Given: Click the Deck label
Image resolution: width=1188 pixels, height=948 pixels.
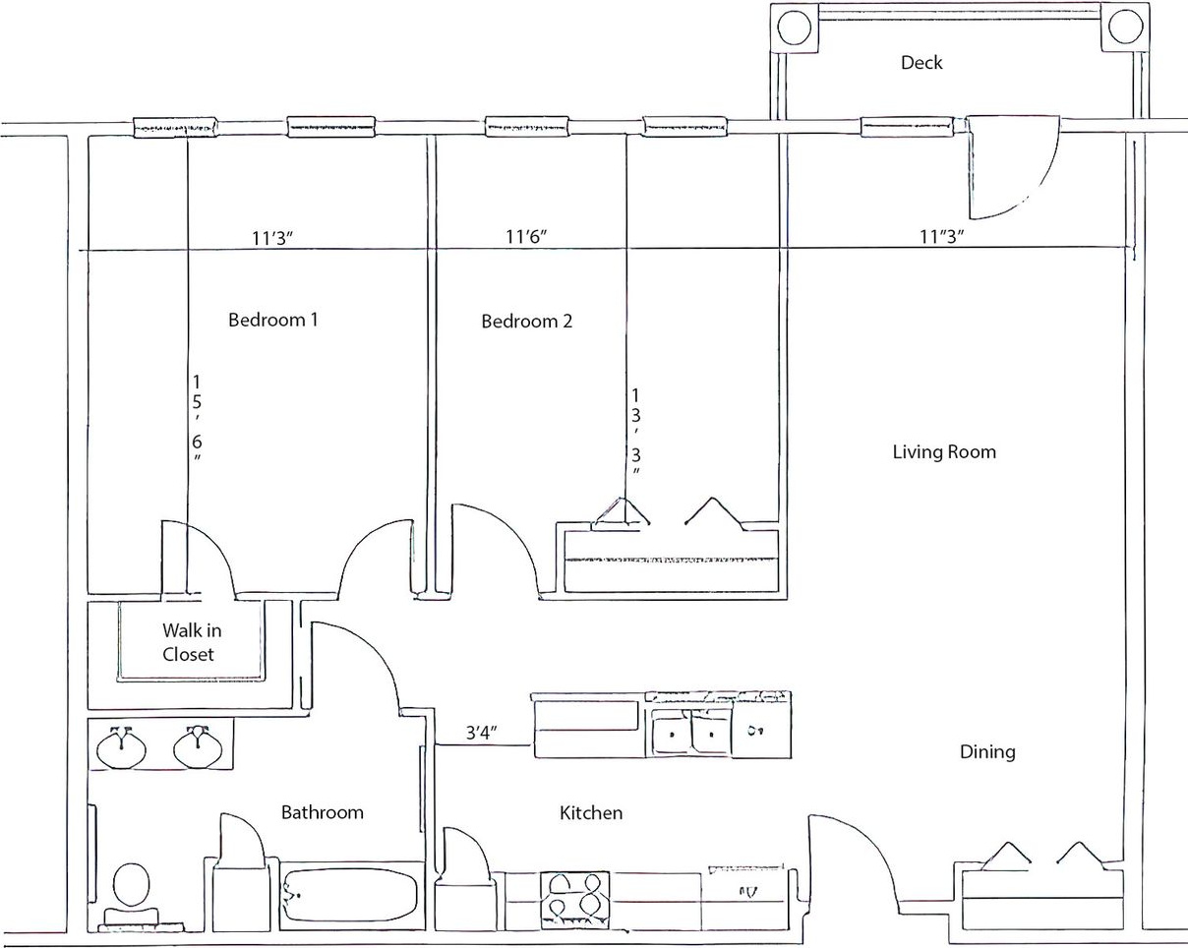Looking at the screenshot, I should (921, 63).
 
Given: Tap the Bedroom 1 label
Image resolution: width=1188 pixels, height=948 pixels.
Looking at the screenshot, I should (272, 320).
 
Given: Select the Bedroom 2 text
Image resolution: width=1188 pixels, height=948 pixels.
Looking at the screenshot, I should (526, 322).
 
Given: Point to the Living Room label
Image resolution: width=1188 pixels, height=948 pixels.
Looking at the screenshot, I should (944, 452).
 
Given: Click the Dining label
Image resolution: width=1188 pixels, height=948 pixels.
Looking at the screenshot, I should (987, 752).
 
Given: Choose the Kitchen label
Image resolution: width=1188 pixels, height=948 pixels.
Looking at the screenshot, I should (591, 813).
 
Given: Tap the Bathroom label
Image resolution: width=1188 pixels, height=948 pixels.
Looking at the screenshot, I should (322, 812).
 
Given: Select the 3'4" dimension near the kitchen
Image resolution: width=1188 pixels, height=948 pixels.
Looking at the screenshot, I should (482, 732).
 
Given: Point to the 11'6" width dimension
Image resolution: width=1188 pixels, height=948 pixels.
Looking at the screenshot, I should (526, 236).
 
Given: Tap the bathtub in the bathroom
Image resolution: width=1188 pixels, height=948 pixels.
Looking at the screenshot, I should (350, 896).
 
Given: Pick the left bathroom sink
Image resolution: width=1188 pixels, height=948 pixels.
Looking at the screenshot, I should (122, 747).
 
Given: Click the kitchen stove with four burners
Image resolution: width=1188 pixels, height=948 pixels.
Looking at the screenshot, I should (574, 899).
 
